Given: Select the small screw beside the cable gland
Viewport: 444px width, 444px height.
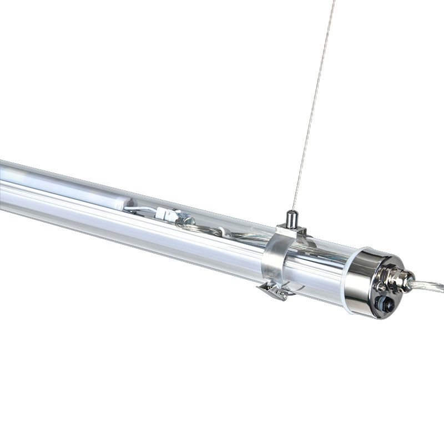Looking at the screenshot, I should (381, 287).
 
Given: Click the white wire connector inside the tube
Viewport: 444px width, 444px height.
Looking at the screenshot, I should (166, 213).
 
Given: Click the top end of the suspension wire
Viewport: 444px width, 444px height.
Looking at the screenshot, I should (335, 2).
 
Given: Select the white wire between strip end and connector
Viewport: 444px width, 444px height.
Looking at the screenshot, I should (143, 209).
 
